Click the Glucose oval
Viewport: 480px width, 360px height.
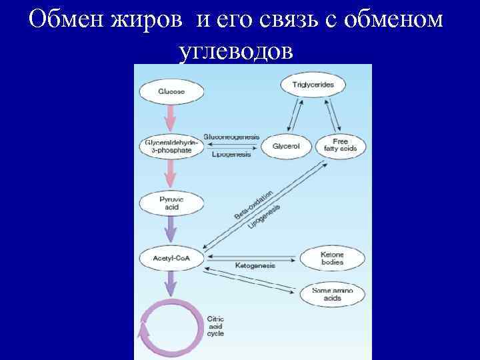click(172, 91)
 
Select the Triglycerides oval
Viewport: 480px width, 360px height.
click(308, 85)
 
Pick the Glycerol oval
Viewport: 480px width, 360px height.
click(287, 146)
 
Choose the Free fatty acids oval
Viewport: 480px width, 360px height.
click(340, 145)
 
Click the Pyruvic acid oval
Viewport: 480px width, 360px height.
click(169, 202)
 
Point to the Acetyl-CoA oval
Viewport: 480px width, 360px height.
click(169, 258)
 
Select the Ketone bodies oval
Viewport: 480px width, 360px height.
click(331, 259)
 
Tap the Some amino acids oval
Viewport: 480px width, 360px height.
click(331, 294)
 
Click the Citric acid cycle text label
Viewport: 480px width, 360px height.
click(216, 327)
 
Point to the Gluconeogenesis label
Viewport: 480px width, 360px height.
click(233, 136)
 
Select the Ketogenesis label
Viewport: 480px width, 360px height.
click(255, 265)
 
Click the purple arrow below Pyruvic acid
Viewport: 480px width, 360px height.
click(171, 230)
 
